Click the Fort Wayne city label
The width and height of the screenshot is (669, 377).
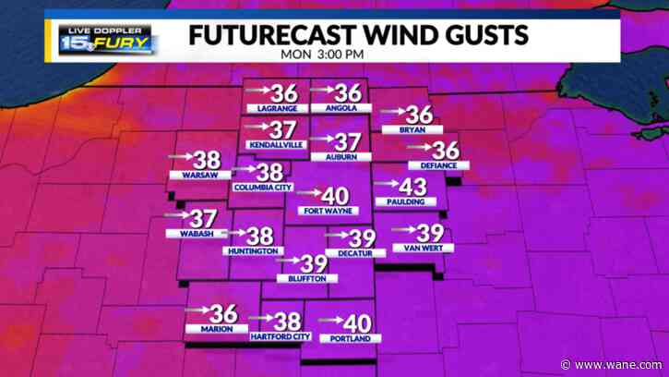coord(324,211)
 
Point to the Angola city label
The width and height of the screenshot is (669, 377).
coord(340,109)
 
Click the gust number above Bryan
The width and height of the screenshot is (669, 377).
coord(420,115)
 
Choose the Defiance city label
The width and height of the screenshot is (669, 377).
coord(438,165)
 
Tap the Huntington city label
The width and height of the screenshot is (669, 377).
coord(251,251)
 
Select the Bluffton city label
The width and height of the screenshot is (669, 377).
coord(307,278)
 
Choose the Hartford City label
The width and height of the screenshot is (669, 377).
coord(280,336)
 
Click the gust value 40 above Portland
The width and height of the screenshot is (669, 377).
coord(356,323)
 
